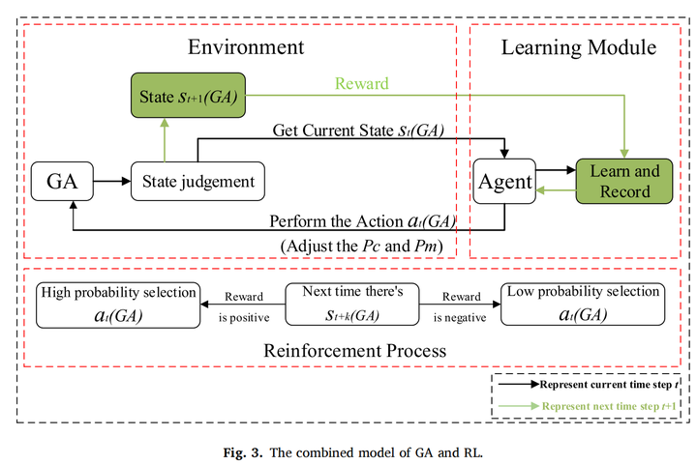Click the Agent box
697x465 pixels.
coord(503,181)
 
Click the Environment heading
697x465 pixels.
coord(246,46)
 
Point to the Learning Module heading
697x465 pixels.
coord(580,46)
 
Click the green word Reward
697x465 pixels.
coord(361,84)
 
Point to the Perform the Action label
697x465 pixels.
coord(362,221)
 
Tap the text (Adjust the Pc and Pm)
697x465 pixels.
coord(361,247)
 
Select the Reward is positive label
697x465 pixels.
coord(244,305)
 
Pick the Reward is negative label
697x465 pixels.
coord(461,305)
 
